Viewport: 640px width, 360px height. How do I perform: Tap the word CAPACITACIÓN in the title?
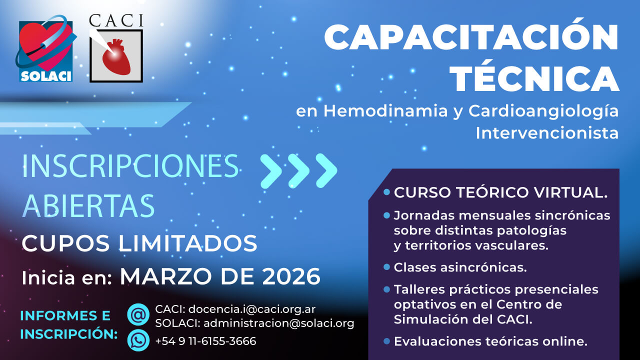(471, 37)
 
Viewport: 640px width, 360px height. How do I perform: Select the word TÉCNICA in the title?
(534, 79)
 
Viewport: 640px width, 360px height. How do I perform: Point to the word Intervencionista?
(547, 133)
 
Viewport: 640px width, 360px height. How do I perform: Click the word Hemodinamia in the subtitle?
(385, 111)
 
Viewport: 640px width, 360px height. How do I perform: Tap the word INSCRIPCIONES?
(130, 166)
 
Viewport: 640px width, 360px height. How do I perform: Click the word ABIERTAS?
(88, 205)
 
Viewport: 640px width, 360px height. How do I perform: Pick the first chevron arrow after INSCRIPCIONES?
(271, 171)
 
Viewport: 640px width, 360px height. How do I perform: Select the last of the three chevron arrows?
(326, 171)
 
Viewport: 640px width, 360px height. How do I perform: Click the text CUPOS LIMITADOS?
(139, 243)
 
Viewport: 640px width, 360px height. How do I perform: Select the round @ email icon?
(138, 314)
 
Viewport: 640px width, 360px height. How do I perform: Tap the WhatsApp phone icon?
(138, 340)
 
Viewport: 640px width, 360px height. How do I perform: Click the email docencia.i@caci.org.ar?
(252, 309)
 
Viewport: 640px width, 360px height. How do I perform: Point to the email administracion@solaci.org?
(279, 323)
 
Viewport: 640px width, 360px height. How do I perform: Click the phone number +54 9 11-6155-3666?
(205, 341)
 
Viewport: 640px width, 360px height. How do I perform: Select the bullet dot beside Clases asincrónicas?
(386, 267)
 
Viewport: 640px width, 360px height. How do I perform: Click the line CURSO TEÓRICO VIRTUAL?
(500, 192)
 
